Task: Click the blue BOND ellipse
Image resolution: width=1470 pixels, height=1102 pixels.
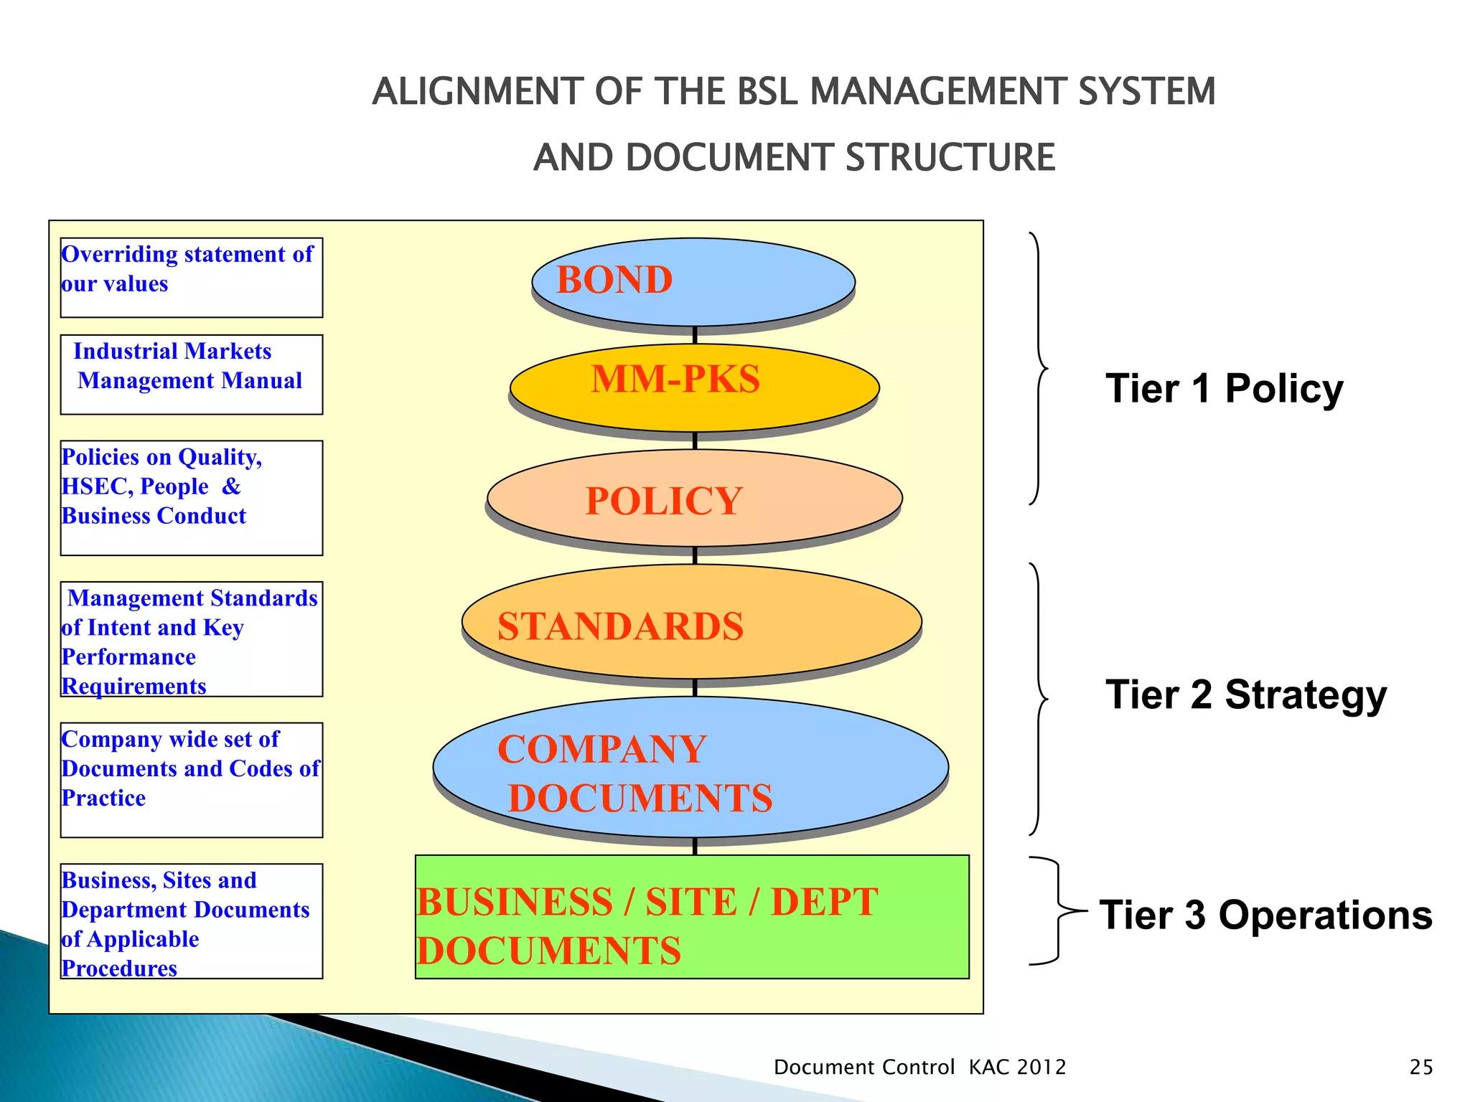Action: pyautogui.click(x=693, y=281)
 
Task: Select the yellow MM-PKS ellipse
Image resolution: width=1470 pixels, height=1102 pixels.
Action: pyautogui.click(x=694, y=387)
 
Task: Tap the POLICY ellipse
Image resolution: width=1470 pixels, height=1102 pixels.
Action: pyautogui.click(x=694, y=498)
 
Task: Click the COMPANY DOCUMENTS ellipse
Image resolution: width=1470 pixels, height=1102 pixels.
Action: pyautogui.click(x=690, y=768)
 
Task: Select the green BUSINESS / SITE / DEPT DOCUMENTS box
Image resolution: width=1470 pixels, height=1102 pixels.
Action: pyautogui.click(x=692, y=917)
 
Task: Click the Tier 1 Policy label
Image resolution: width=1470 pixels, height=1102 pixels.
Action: pyautogui.click(x=1224, y=389)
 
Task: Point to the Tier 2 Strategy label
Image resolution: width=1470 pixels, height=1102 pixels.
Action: pyautogui.click(x=1245, y=694)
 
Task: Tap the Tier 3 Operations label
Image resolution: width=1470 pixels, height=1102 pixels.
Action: pyautogui.click(x=1265, y=915)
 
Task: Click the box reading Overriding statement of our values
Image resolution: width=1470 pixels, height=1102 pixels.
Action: pyautogui.click(x=192, y=278)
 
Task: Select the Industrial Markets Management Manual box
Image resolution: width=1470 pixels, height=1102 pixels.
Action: pyautogui.click(x=192, y=375)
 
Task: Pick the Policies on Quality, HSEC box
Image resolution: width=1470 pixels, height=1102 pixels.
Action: pyautogui.click(x=192, y=497)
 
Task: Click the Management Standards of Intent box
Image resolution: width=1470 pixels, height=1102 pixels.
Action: pyautogui.click(x=192, y=639)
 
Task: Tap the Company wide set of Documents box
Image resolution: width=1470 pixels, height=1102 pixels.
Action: pyautogui.click(x=192, y=779)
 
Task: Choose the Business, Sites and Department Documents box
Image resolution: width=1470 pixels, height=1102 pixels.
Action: pyautogui.click(x=192, y=920)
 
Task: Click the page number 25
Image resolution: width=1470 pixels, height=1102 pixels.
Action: pyautogui.click(x=1420, y=1067)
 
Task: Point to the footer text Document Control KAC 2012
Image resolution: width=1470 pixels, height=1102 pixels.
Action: pyautogui.click(x=919, y=1067)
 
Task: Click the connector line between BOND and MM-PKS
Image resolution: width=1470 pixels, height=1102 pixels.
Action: pyautogui.click(x=695, y=336)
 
